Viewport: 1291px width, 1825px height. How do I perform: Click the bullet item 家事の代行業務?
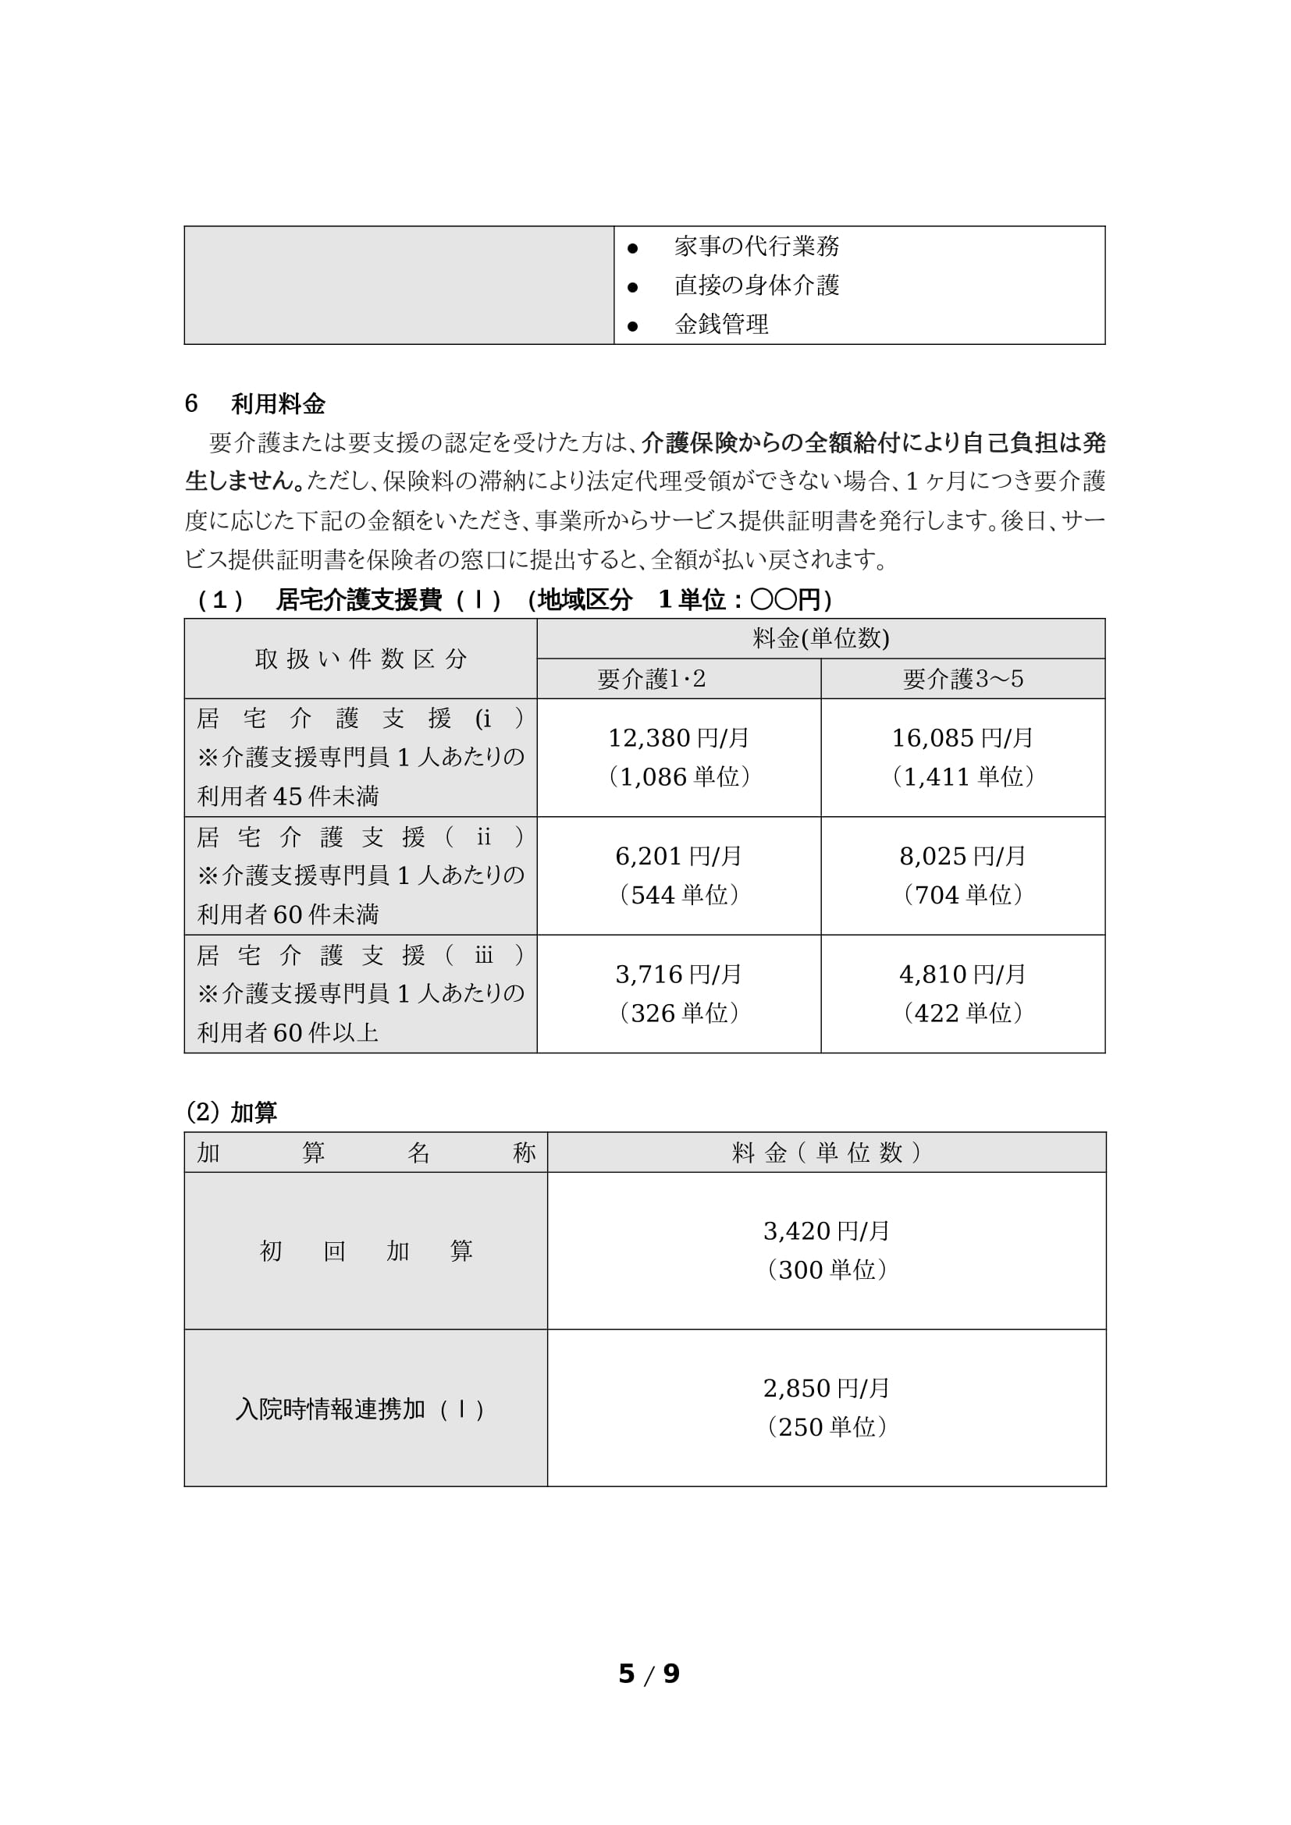coord(756,247)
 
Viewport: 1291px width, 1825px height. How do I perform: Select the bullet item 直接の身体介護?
coord(756,286)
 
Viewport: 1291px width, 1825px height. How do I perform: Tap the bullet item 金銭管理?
coord(721,325)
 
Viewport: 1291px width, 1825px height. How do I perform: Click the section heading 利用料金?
coord(277,405)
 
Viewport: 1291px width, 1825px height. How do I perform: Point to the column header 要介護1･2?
coord(651,679)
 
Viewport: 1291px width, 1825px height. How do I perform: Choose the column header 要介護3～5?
coord(962,679)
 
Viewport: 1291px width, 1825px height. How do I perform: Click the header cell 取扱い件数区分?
coord(361,659)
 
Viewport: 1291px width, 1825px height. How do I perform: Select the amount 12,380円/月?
coord(679,738)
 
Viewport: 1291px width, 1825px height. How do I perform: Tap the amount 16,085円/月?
coord(962,738)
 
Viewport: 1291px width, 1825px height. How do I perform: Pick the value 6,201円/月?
coord(679,857)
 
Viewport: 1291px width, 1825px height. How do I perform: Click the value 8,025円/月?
coord(962,857)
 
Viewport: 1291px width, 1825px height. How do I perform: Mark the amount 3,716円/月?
coord(679,975)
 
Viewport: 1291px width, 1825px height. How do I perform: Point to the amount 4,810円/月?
coord(962,975)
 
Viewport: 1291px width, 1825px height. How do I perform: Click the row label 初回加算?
coord(365,1252)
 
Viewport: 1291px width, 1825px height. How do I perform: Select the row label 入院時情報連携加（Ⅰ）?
coord(361,1409)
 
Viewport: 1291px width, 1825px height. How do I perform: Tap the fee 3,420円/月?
coord(827,1232)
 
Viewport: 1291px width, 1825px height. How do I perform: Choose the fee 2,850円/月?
coord(827,1390)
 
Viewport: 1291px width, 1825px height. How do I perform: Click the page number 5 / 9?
coord(649,1674)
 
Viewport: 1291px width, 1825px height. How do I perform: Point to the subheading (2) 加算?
coord(231,1113)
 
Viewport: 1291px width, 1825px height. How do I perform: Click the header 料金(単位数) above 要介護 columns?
coord(820,639)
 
